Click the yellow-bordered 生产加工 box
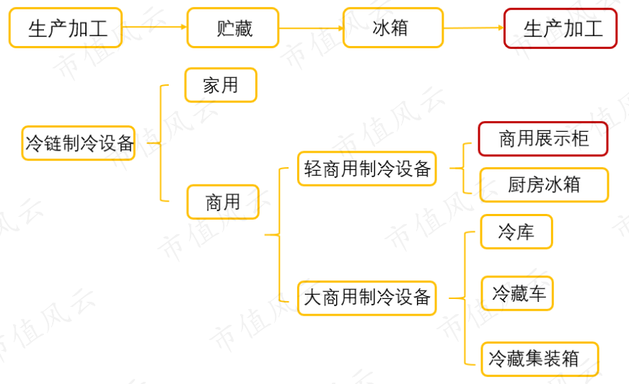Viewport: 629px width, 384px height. pos(66,28)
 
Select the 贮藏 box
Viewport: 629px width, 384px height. pos(232,28)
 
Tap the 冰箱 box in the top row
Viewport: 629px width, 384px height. pos(392,28)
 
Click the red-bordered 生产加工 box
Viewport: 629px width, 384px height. pos(560,28)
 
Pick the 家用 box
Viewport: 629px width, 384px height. pos(221,85)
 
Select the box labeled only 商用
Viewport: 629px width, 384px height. pos(223,202)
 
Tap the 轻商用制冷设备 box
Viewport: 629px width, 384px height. pos(366,169)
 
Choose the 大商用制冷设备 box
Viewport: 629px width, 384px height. pos(366,298)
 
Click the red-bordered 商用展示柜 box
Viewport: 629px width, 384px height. pos(543,138)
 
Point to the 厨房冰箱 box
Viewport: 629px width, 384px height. pos(543,184)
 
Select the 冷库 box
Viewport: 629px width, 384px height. pos(516,232)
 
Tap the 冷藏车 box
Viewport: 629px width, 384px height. pos(518,293)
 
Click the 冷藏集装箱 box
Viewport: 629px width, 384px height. pos(540,358)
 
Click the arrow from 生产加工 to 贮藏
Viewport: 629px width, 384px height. pos(154,27)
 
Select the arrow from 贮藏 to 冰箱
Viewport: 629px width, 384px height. pos(310,29)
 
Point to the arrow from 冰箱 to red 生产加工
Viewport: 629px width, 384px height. pos(473,28)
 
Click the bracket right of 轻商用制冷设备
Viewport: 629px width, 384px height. pos(462,169)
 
